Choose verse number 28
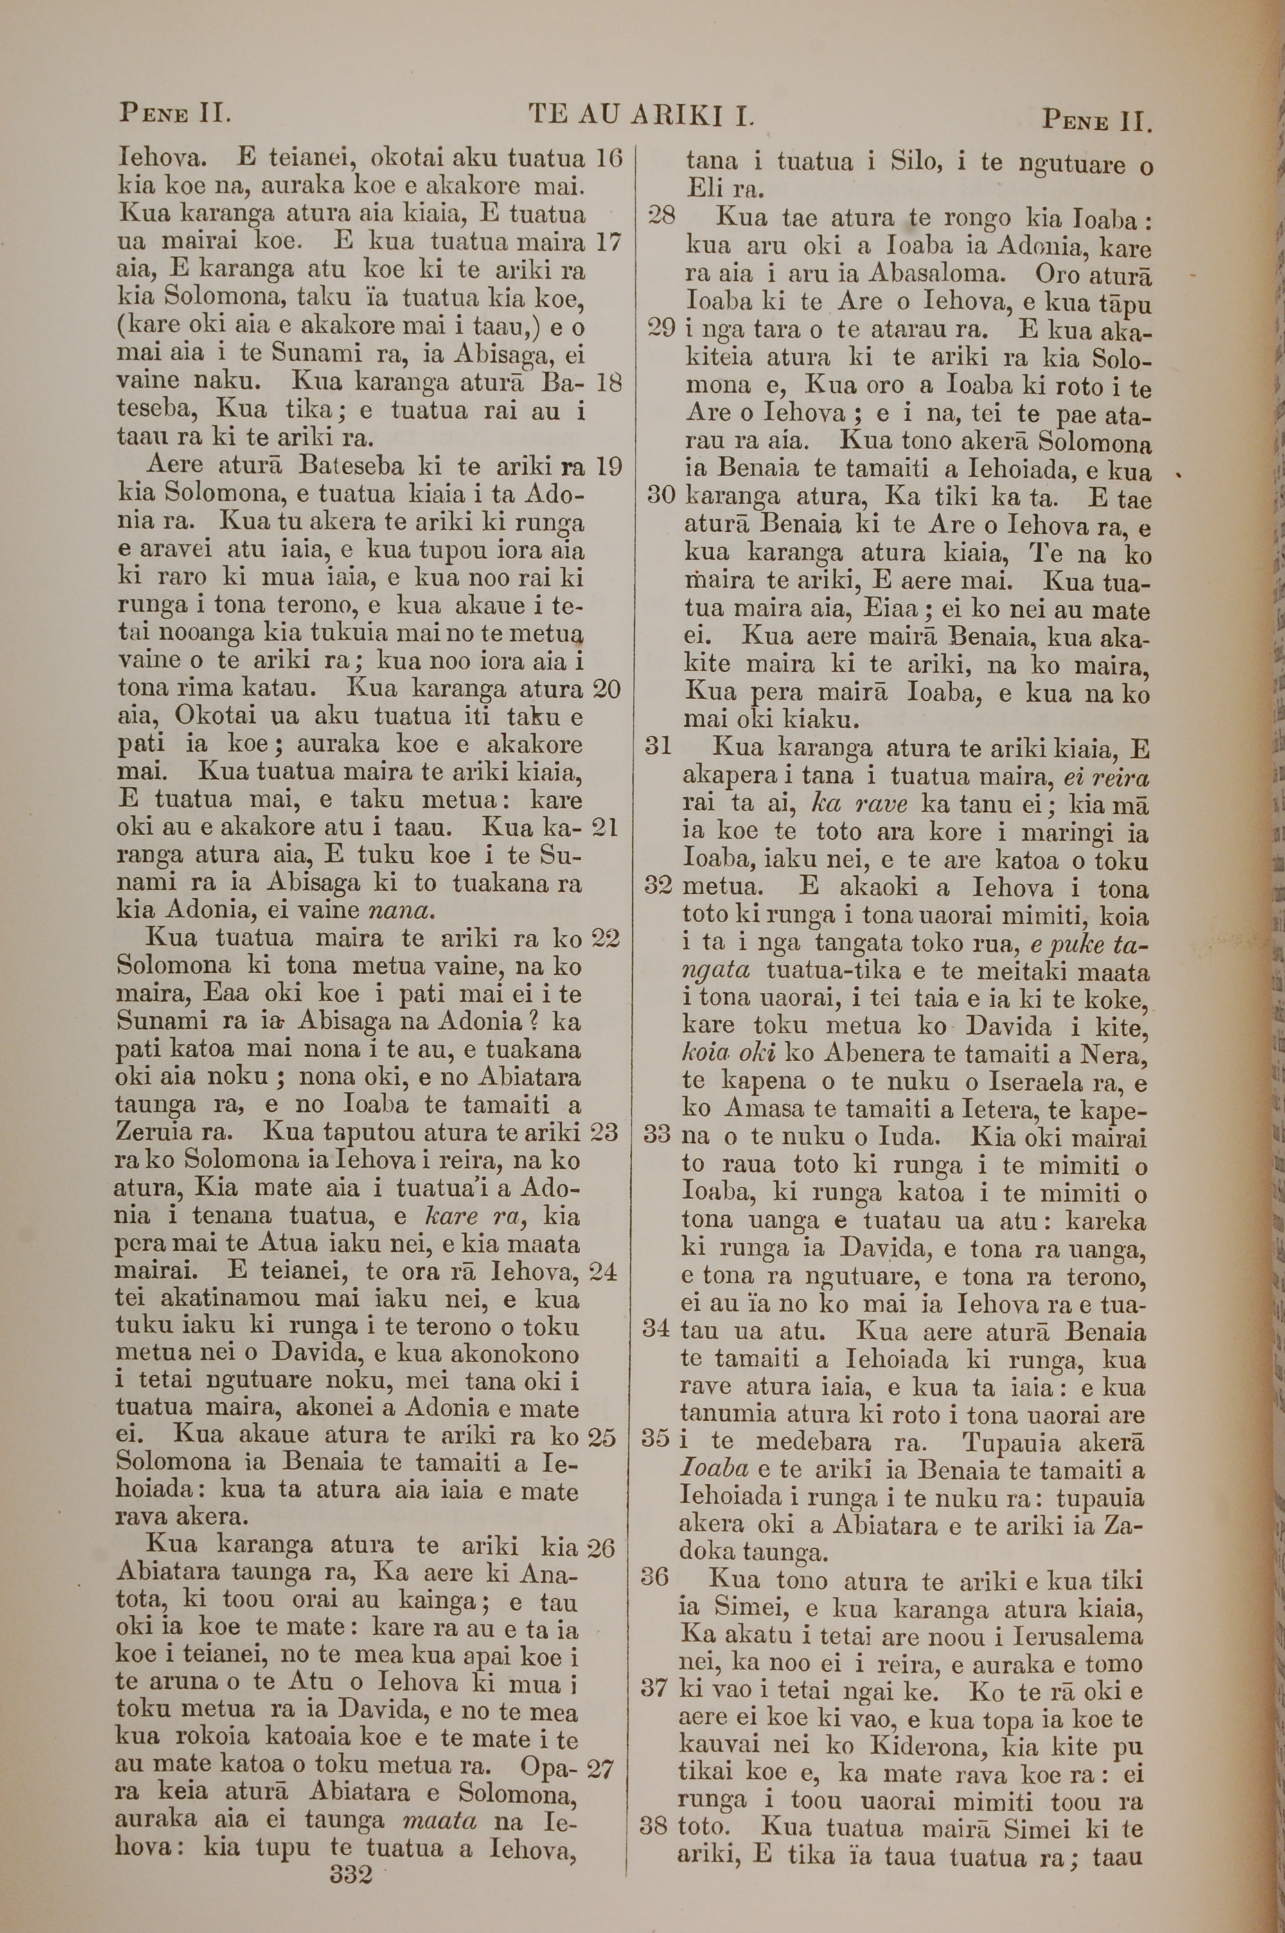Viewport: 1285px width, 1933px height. pos(661,217)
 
